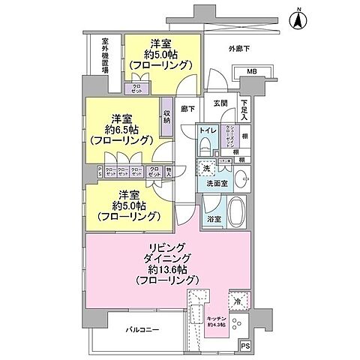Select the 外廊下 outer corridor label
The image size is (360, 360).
click(x=239, y=49)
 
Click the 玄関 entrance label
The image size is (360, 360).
click(x=220, y=103)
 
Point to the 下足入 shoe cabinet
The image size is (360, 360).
click(x=245, y=110)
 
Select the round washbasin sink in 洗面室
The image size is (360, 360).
click(x=242, y=178)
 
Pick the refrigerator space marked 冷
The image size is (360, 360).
click(x=237, y=302)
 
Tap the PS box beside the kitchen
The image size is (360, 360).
click(x=245, y=346)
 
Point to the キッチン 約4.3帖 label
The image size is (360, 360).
click(x=218, y=320)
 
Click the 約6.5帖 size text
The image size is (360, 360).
click(x=121, y=129)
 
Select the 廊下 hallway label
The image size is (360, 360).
click(x=187, y=109)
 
